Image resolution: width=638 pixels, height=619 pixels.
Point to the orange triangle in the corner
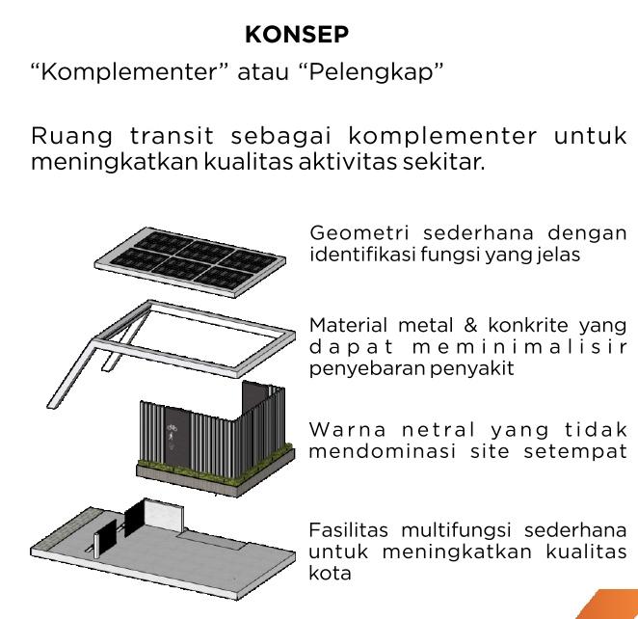click(x=612, y=605)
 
